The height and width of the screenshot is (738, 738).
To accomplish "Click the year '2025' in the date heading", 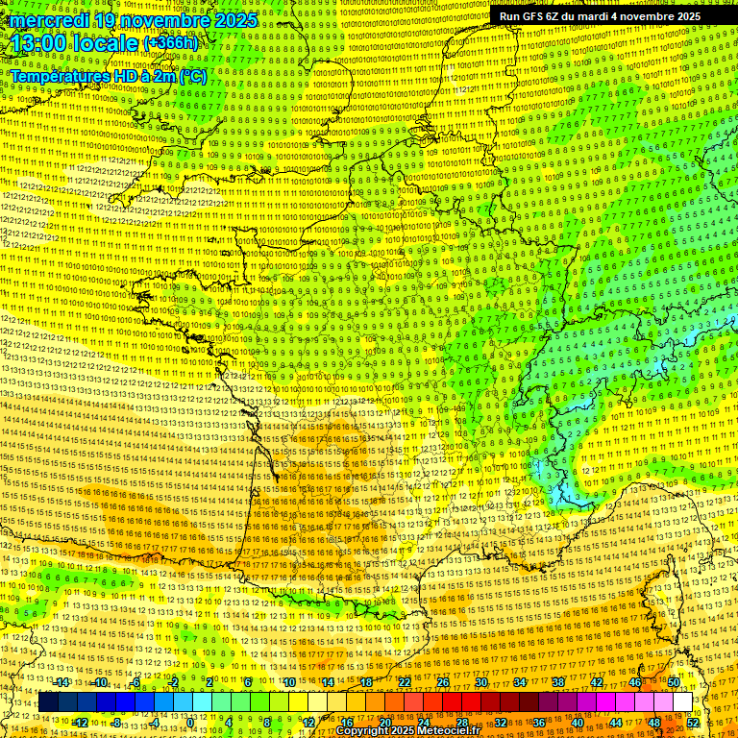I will tap(235, 20).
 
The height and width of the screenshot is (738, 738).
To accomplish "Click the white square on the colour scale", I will tap(682, 702).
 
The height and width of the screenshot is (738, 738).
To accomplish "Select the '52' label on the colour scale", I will tap(693, 722).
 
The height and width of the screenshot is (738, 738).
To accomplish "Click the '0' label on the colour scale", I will tap(190, 722).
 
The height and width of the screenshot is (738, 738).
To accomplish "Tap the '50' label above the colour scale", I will tap(674, 682).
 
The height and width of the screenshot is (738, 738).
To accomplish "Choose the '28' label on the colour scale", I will tap(462, 722).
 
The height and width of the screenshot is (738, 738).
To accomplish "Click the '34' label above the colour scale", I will tap(520, 682).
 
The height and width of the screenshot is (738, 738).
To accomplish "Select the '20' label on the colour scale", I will tap(384, 722).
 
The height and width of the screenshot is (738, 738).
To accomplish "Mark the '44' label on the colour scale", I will tap(616, 722).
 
